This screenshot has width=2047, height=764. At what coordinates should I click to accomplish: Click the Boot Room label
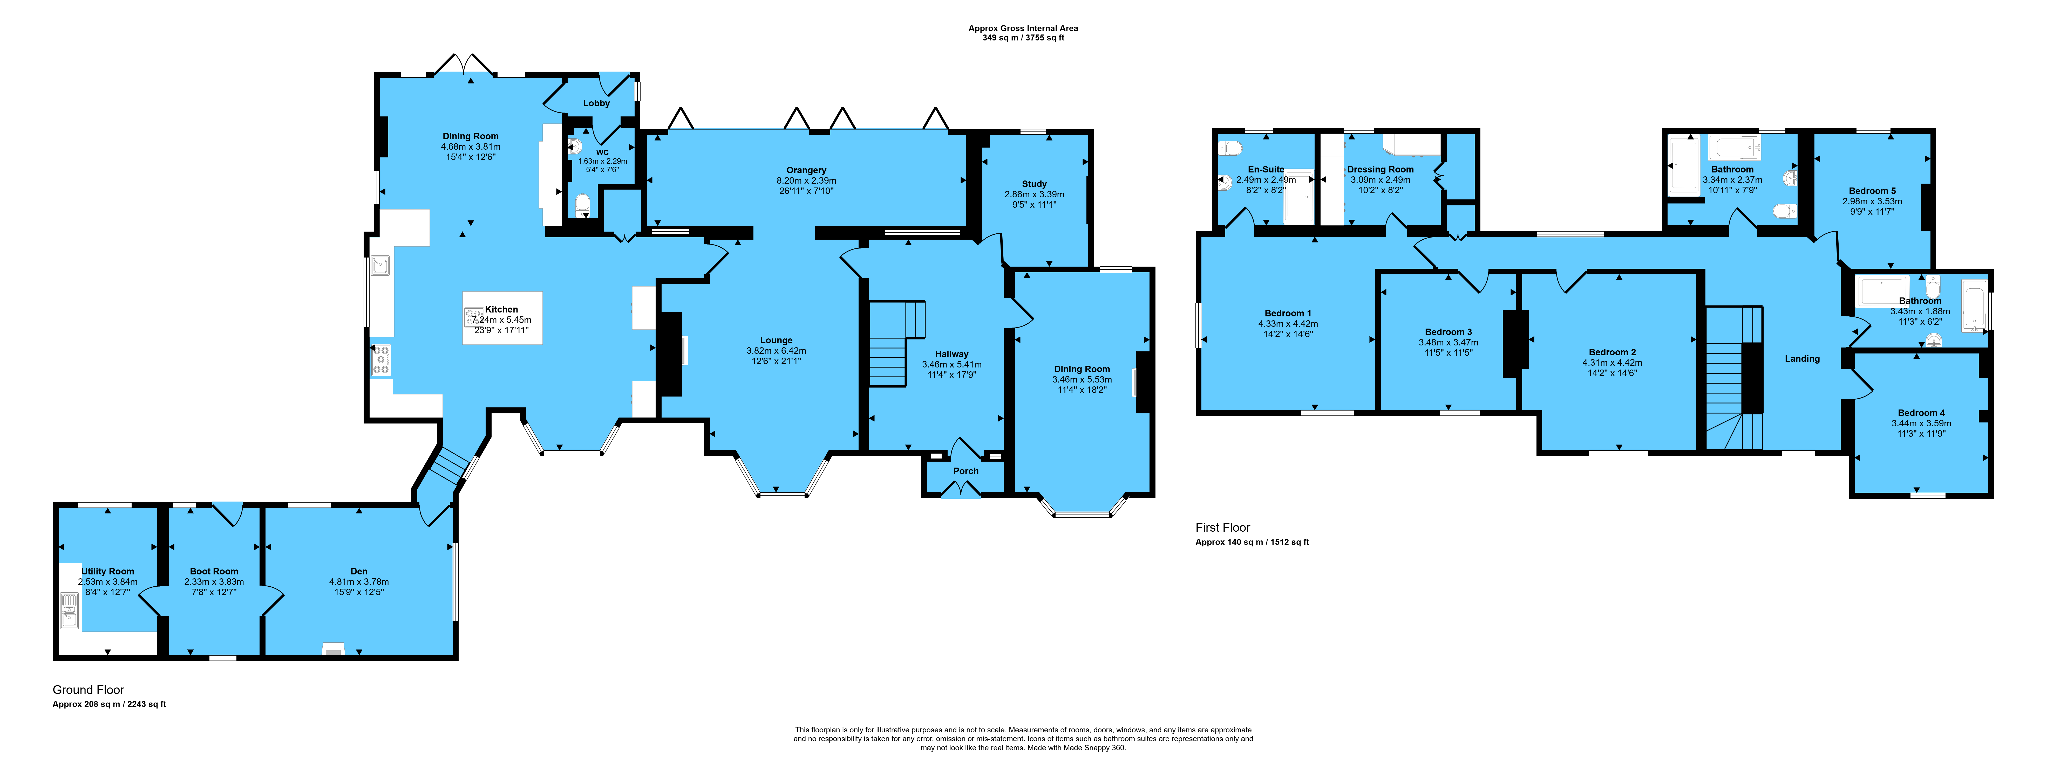point(214,571)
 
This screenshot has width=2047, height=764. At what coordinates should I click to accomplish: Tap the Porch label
point(965,471)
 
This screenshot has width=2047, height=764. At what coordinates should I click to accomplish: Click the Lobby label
point(596,103)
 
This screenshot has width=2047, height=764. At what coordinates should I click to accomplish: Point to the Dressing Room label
point(1380,169)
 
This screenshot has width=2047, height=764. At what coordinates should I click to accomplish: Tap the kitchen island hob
point(474,318)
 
